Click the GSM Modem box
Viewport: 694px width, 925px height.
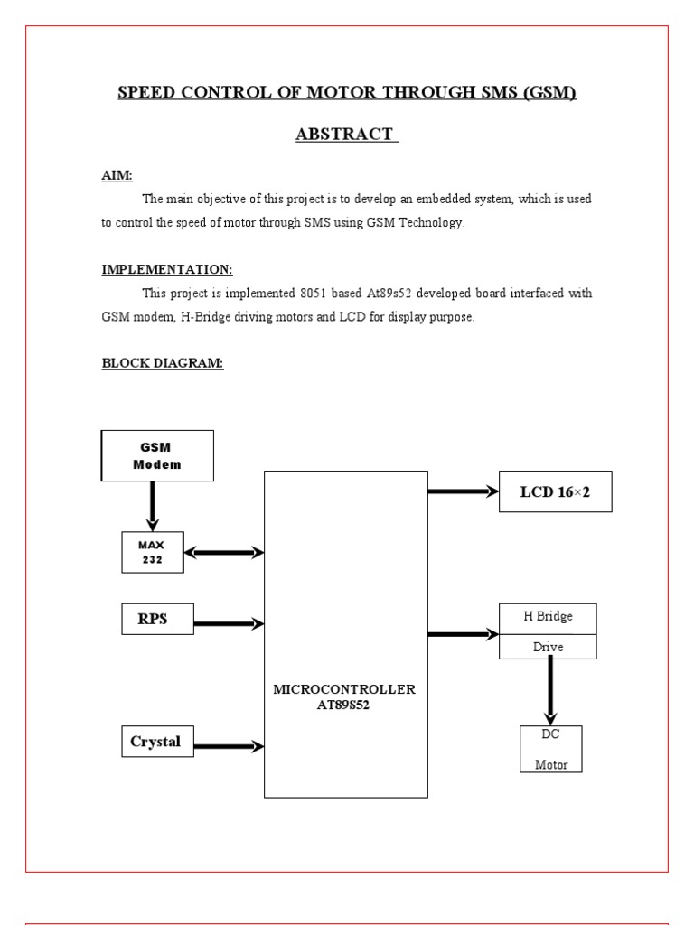(x=157, y=455)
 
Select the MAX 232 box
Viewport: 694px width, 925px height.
(x=152, y=552)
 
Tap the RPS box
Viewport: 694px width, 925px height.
(x=157, y=620)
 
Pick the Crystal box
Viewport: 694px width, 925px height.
(x=156, y=742)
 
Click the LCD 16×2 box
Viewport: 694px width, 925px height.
(x=555, y=491)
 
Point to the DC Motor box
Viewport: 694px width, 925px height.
(x=551, y=749)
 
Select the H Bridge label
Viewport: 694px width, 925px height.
(x=548, y=617)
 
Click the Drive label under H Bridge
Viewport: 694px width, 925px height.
(x=548, y=648)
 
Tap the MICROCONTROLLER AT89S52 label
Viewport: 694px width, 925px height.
(x=344, y=696)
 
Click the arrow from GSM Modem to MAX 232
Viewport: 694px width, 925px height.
(x=153, y=506)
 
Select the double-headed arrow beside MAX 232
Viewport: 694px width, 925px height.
(x=223, y=552)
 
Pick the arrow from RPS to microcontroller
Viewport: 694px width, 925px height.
(x=229, y=621)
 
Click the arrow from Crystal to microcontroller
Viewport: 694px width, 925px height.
(x=229, y=746)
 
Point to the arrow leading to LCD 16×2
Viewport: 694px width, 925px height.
(x=463, y=491)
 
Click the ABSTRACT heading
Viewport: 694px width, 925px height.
(x=347, y=135)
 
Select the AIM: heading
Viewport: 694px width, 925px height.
(x=117, y=175)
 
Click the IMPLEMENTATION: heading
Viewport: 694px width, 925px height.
(x=167, y=269)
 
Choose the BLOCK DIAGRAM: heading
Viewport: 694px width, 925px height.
(x=163, y=363)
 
